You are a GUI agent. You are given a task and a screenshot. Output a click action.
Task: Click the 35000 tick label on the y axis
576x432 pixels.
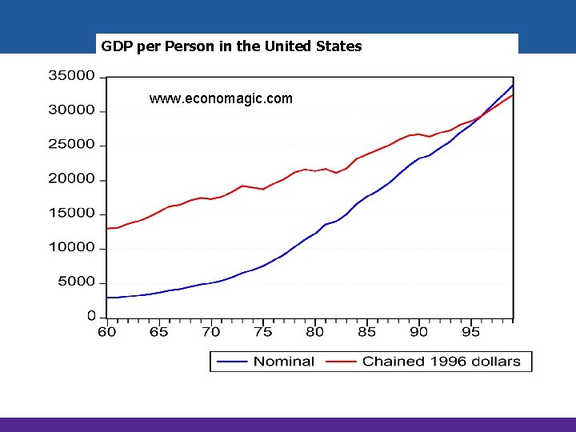pos(72,76)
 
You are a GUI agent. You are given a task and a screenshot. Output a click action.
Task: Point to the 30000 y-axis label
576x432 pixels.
pos(72,110)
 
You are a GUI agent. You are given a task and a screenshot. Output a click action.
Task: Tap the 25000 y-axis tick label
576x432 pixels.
pos(72,145)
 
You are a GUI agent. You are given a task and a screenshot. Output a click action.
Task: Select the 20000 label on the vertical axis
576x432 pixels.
pos(72,179)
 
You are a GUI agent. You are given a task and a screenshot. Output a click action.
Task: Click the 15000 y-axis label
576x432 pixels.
pos(72,214)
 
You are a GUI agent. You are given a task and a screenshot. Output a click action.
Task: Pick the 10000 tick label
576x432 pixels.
pos(72,248)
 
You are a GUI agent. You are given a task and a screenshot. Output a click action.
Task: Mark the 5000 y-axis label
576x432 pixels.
pos(76,282)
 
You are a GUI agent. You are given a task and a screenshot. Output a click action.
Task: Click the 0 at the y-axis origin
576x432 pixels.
pos(91,316)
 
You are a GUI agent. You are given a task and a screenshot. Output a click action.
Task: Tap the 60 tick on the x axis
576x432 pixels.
pos(106,332)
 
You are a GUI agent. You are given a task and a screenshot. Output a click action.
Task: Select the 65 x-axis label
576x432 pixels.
pos(158,332)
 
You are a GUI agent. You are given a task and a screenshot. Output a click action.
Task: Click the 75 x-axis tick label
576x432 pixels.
pos(262,332)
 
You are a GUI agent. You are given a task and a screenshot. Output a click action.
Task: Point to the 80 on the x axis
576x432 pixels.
pos(314,332)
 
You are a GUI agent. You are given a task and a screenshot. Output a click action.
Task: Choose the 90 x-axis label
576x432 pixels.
pos(418,332)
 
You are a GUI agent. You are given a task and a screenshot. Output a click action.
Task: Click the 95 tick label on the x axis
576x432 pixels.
pos(470,332)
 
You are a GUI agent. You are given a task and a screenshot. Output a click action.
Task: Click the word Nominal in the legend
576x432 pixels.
pos(284,362)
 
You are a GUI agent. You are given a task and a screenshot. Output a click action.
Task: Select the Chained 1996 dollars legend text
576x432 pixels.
pos(441,362)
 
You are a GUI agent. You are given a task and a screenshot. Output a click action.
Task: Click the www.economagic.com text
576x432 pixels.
pos(221,99)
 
